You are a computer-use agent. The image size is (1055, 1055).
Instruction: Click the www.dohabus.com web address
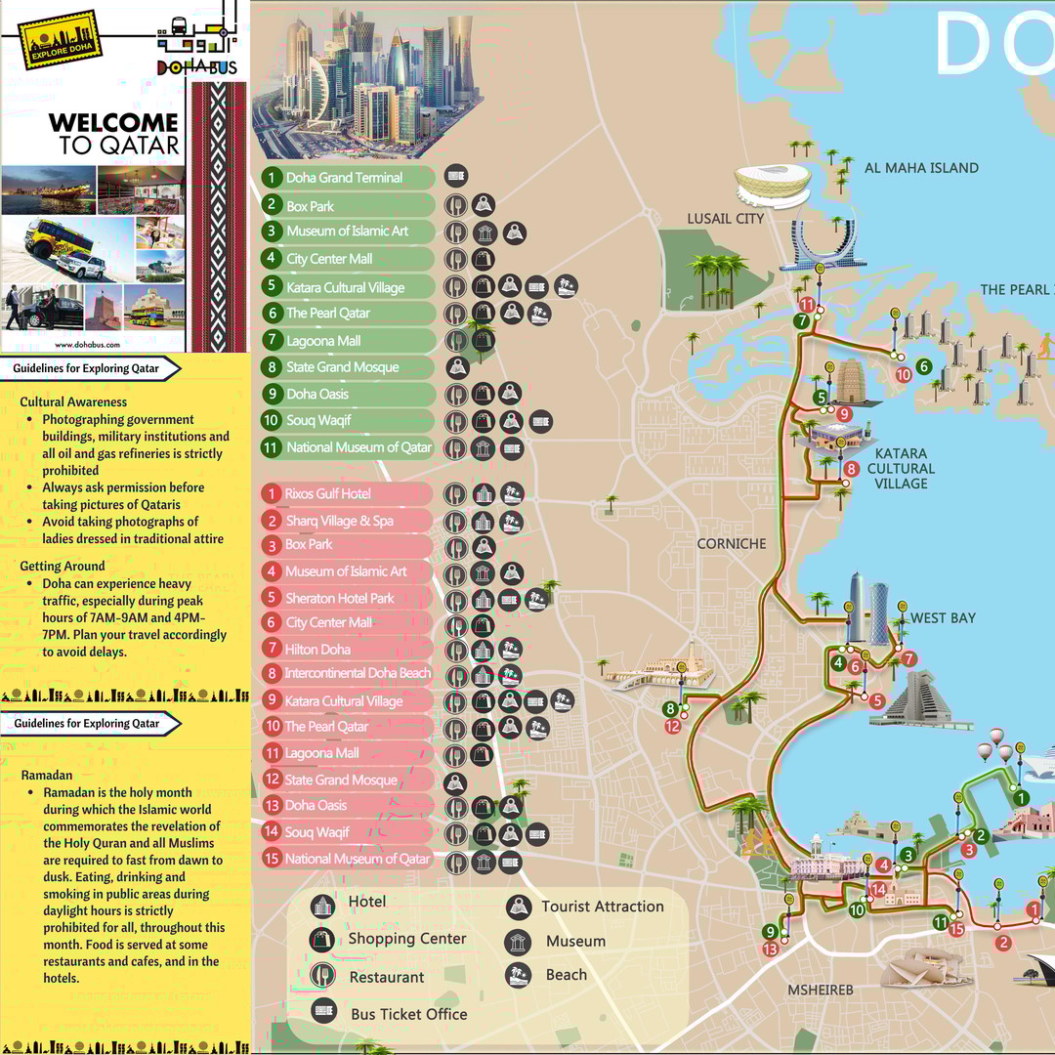(x=87, y=344)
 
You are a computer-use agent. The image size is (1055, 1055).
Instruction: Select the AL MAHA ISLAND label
(x=920, y=168)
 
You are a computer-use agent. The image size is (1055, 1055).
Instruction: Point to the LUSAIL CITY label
(x=725, y=219)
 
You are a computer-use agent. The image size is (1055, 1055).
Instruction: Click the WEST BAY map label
(x=943, y=618)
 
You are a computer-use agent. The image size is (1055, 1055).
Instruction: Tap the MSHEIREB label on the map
(x=821, y=990)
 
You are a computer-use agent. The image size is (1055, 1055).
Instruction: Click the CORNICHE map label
(x=732, y=544)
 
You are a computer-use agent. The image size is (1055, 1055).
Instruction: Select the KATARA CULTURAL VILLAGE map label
(x=901, y=469)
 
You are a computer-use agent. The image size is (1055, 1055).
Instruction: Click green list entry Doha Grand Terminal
(x=344, y=178)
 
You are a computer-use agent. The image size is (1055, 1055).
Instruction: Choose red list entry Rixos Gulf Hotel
(x=328, y=494)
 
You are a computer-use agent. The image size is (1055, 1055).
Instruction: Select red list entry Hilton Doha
(x=317, y=650)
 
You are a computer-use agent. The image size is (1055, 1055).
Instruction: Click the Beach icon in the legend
(x=519, y=975)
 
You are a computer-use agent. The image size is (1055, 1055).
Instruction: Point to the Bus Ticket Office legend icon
(x=323, y=1012)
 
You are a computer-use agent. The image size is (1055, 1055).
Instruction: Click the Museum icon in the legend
(x=519, y=942)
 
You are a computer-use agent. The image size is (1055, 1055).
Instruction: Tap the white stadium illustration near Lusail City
(x=773, y=184)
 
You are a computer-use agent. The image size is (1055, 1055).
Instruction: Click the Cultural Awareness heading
(x=73, y=401)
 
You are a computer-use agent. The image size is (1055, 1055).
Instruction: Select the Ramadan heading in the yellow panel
(x=47, y=775)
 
